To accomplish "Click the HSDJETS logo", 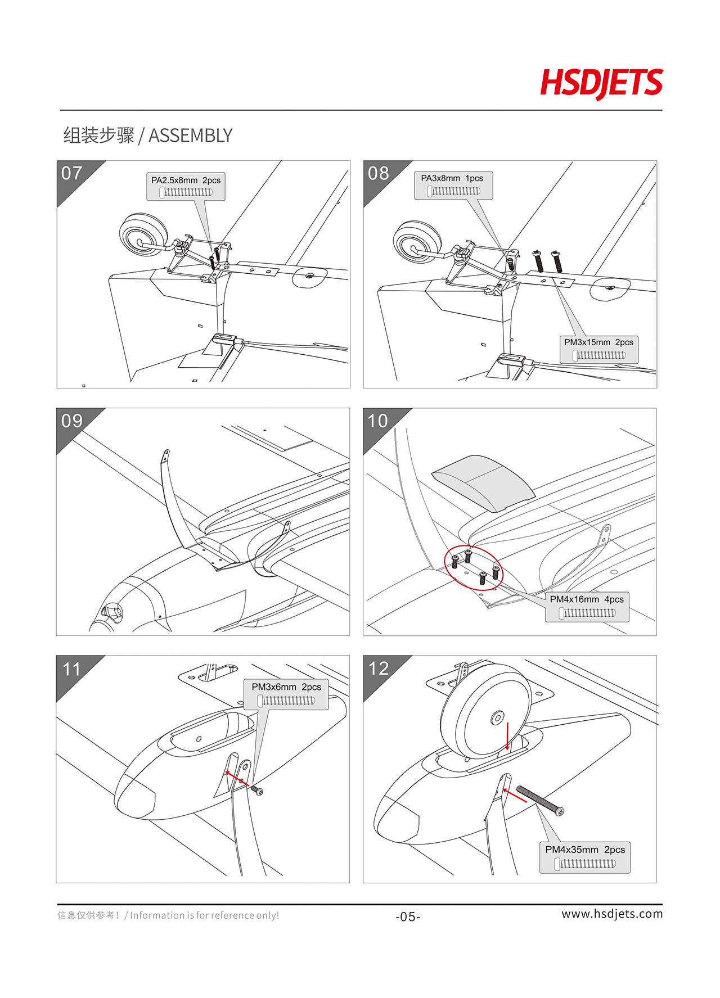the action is (x=601, y=83).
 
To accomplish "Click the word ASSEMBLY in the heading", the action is (x=190, y=136).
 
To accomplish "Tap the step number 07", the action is (x=72, y=173).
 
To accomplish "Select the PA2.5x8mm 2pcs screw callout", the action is (x=186, y=187).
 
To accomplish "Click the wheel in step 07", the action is (x=144, y=235).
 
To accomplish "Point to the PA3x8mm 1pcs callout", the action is (x=453, y=185).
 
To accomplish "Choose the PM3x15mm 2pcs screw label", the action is (x=599, y=349).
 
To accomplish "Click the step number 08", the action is (x=379, y=173).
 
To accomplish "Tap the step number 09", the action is (x=72, y=421).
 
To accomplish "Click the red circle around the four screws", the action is (x=473, y=568).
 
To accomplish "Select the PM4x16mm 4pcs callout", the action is (x=587, y=607).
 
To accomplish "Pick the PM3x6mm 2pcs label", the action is (x=286, y=694).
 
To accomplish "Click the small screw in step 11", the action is (x=257, y=791).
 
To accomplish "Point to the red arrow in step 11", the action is (x=237, y=779).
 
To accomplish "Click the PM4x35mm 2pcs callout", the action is (x=585, y=857).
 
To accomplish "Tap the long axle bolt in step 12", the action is (x=540, y=801).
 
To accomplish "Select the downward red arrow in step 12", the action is (x=508, y=737).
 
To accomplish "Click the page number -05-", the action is (x=408, y=917).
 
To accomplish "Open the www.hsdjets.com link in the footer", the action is (x=612, y=914).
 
